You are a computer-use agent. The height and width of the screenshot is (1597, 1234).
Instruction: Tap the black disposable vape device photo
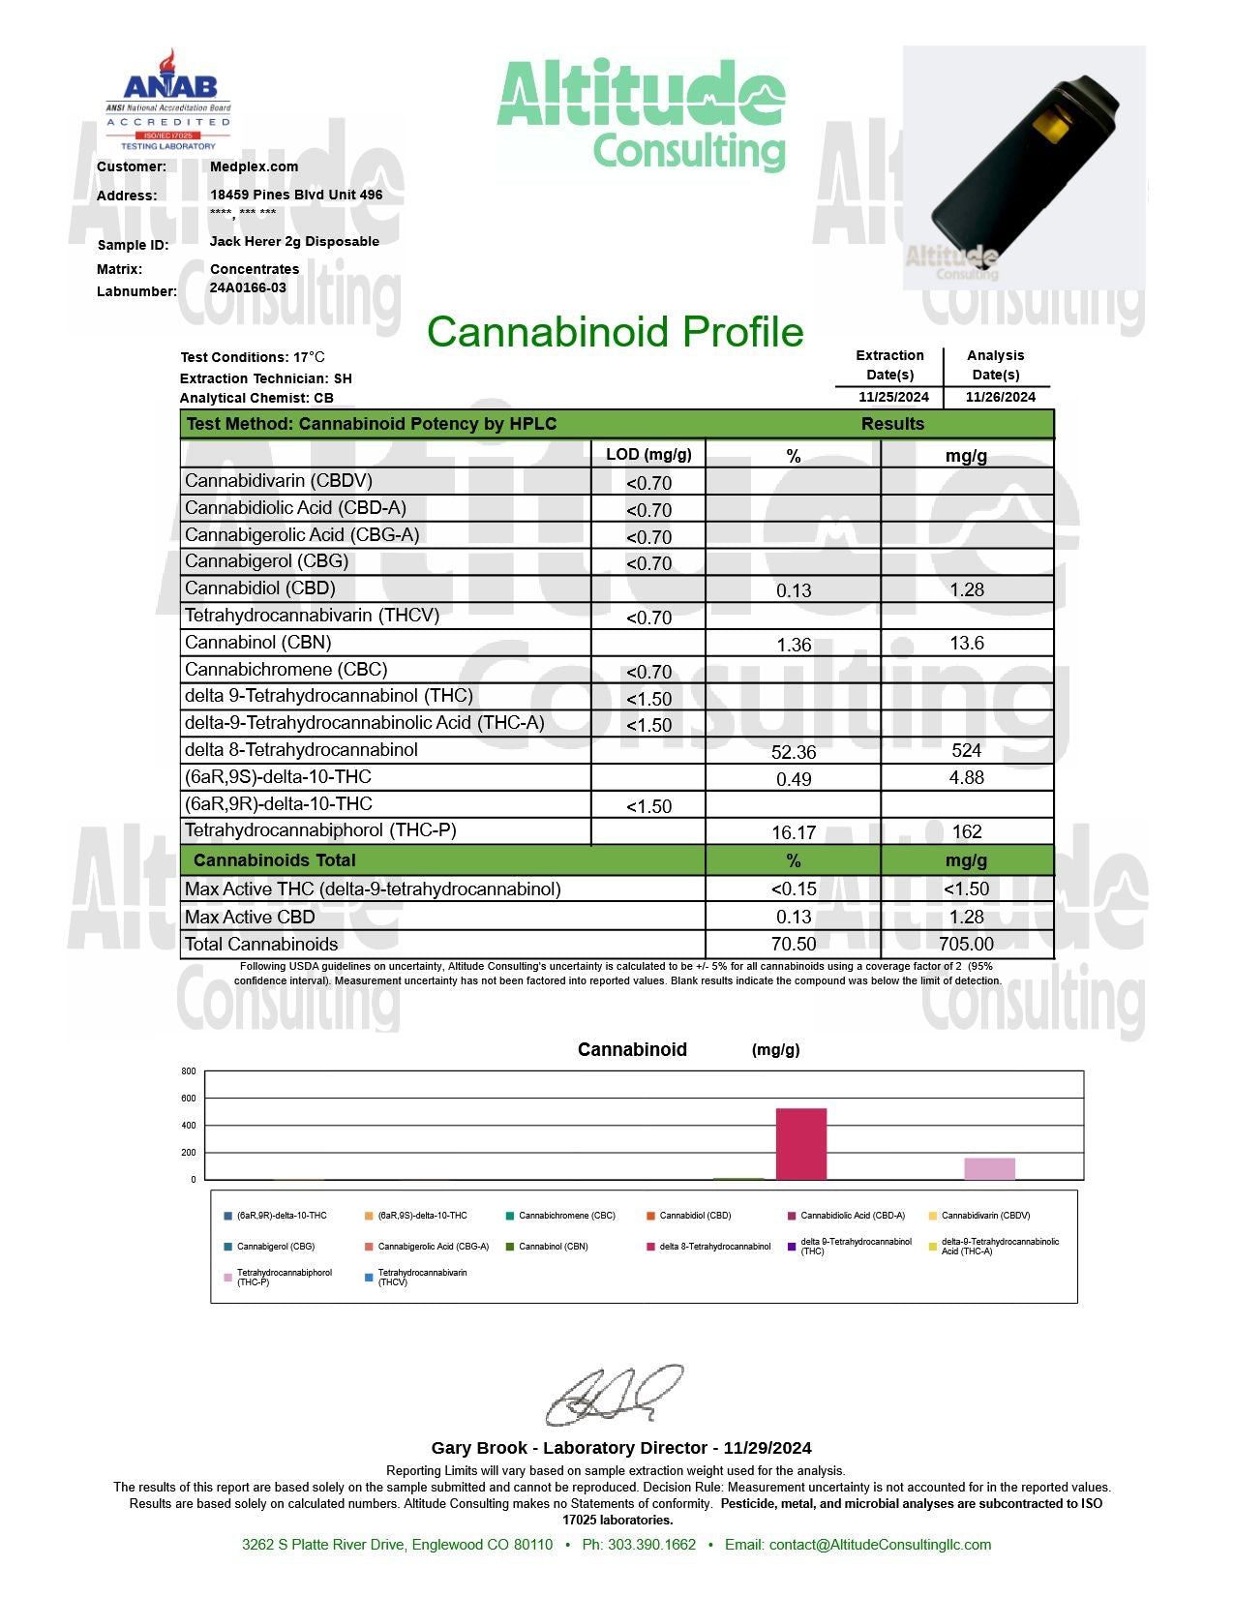tap(1023, 166)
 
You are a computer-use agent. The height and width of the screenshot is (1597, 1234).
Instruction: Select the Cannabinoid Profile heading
tap(616, 332)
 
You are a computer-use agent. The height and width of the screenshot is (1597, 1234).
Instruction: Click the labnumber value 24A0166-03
tap(248, 287)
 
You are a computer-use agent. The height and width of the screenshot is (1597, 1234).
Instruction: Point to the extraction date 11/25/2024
tap(893, 397)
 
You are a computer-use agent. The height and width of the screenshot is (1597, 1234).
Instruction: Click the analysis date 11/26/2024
tap(1000, 397)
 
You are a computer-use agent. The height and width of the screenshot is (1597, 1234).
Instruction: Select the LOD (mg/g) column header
tap(648, 455)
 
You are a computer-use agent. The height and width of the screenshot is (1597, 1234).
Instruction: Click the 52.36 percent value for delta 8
tap(794, 752)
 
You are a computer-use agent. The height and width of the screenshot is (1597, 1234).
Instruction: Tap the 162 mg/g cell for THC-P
tap(966, 831)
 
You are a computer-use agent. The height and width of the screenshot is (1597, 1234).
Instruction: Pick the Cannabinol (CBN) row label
tap(258, 643)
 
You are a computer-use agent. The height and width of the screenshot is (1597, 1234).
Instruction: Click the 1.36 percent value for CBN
tap(794, 645)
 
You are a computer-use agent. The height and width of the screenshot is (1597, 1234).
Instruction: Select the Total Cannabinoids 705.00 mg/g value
tap(966, 944)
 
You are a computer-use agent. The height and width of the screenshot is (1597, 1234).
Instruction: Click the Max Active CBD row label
tap(250, 917)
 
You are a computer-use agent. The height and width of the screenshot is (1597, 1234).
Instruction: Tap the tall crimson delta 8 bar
tap(801, 1144)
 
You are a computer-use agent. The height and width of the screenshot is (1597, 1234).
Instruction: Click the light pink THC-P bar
tap(989, 1168)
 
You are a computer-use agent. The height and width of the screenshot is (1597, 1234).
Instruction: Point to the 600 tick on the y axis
tap(189, 1099)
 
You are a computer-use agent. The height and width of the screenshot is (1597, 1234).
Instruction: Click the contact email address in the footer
tap(880, 1545)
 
